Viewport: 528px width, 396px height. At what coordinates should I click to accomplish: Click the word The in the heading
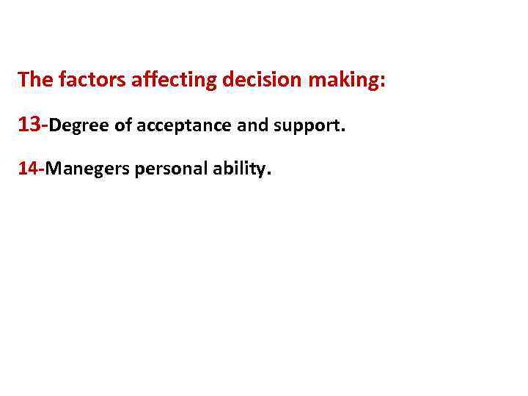pos(32,79)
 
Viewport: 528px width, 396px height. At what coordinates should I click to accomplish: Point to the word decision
pos(260,79)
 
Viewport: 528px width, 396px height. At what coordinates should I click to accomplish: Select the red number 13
pos(31,125)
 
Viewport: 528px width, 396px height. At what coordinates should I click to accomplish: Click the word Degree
pos(78,126)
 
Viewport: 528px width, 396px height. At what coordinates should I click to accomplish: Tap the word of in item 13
pos(124,125)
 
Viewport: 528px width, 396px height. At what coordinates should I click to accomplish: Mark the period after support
pos(341,131)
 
